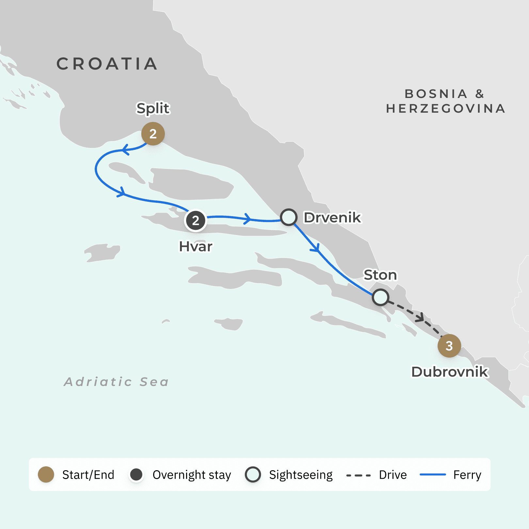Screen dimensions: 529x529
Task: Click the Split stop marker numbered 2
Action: click(x=153, y=134)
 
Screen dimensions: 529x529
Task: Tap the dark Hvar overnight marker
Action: click(x=195, y=221)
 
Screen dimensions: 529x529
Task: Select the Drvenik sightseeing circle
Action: click(x=289, y=217)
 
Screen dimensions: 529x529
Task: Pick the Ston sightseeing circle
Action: click(x=380, y=297)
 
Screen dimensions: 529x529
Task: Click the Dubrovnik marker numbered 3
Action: click(x=449, y=346)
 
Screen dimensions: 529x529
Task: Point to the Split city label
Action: click(x=153, y=108)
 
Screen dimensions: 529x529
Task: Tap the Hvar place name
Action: click(x=196, y=247)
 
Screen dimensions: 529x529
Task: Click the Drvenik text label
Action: click(x=332, y=217)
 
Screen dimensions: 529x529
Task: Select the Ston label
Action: click(x=380, y=275)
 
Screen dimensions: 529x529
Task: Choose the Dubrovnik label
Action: click(x=450, y=372)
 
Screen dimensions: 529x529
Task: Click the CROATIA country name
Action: click(x=107, y=64)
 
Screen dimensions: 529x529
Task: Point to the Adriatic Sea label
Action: click(x=116, y=382)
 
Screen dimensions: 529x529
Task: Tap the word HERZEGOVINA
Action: click(x=446, y=108)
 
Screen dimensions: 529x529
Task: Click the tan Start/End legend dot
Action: click(x=46, y=474)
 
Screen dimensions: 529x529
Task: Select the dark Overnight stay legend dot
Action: click(x=136, y=474)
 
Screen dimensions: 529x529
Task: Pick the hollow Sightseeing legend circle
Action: click(x=253, y=474)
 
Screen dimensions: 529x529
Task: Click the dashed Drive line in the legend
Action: click(x=359, y=475)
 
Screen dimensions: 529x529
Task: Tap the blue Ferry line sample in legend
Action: click(x=433, y=474)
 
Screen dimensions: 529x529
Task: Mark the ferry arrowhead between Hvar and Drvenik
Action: click(x=248, y=218)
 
